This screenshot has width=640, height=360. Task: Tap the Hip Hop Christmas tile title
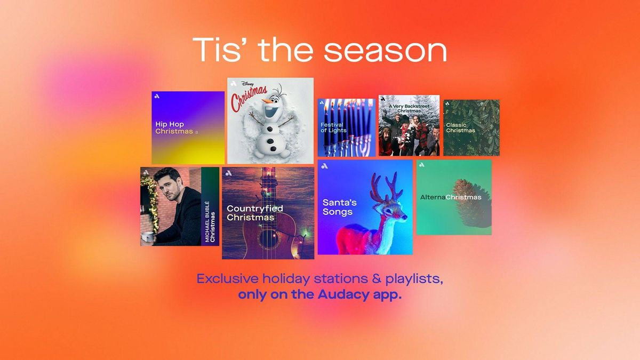coord(174,127)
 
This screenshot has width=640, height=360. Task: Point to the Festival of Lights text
coord(333,127)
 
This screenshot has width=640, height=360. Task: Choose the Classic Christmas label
coord(460,127)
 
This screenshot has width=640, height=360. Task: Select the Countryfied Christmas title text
coord(254,213)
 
